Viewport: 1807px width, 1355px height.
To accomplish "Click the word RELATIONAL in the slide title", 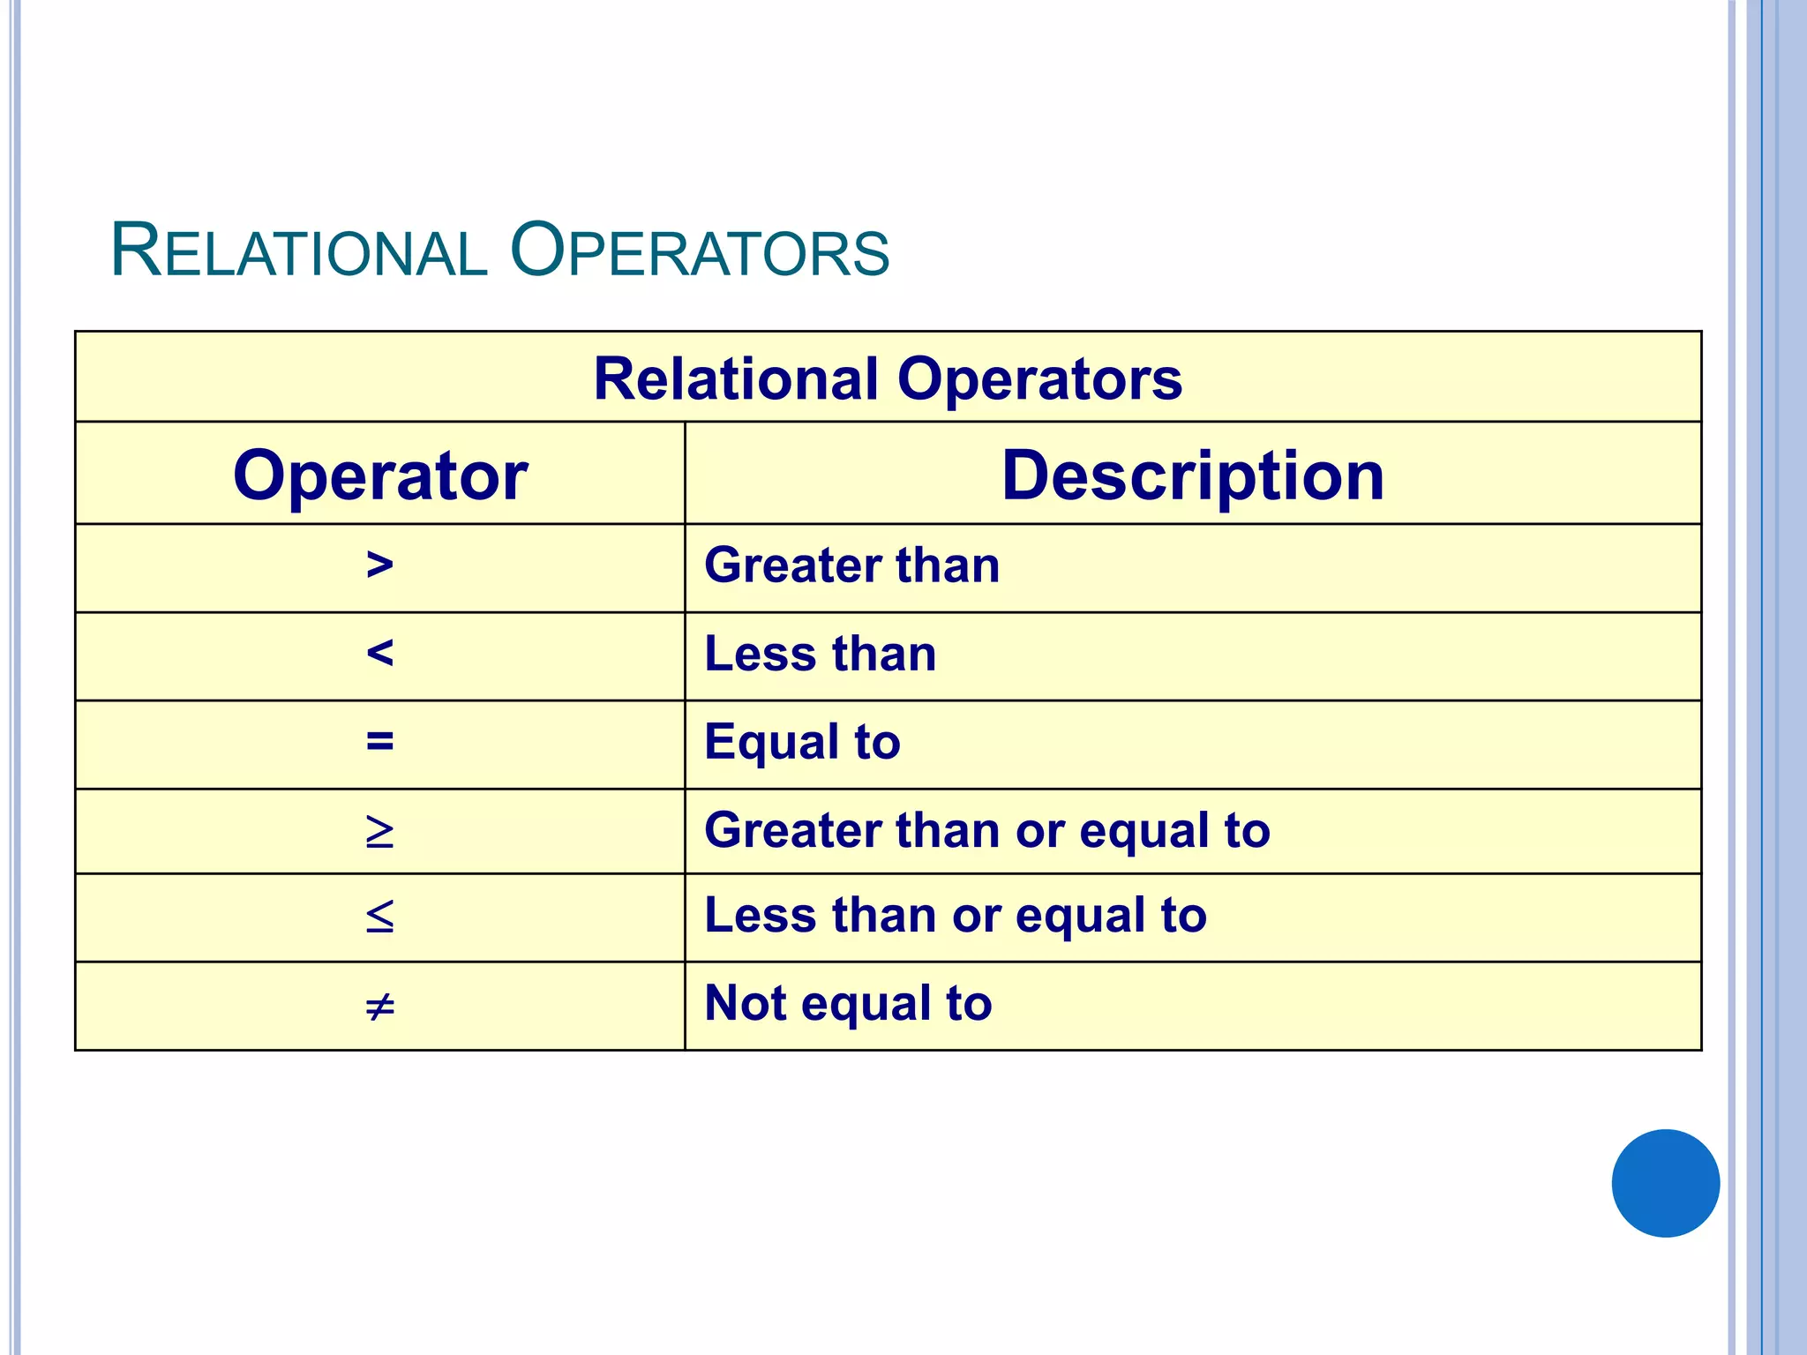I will pyautogui.click(x=298, y=251).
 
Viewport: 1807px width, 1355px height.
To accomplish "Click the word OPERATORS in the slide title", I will pyautogui.click(x=700, y=251).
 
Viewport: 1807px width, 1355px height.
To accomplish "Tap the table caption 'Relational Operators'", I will pyautogui.click(x=888, y=379).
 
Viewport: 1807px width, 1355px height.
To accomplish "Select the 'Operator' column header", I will pyautogui.click(x=380, y=475).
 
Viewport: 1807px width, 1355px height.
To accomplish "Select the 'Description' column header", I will pyautogui.click(x=1193, y=475).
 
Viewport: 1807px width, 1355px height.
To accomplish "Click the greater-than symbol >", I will pyautogui.click(x=379, y=565).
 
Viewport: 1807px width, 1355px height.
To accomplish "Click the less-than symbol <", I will pyautogui.click(x=379, y=654).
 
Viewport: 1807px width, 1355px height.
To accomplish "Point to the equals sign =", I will pyautogui.click(x=379, y=741).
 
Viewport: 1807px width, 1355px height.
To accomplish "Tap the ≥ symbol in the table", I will pyautogui.click(x=379, y=832).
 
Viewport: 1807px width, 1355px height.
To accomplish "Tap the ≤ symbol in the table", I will pyautogui.click(x=379, y=917).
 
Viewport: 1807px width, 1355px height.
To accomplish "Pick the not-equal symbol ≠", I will pyautogui.click(x=379, y=1006).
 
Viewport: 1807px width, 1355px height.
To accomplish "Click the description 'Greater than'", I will pyautogui.click(x=851, y=565).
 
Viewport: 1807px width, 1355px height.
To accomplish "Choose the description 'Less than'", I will pyautogui.click(x=820, y=654).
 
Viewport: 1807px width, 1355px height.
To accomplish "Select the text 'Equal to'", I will pyautogui.click(x=802, y=741).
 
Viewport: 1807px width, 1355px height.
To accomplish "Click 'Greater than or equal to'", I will pyautogui.click(x=986, y=830).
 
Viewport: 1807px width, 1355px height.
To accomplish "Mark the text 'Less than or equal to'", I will pyautogui.click(x=955, y=915).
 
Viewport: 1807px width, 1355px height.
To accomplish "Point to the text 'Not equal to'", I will pyautogui.click(x=848, y=1003).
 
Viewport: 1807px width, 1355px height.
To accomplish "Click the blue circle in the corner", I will pyautogui.click(x=1665, y=1183).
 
